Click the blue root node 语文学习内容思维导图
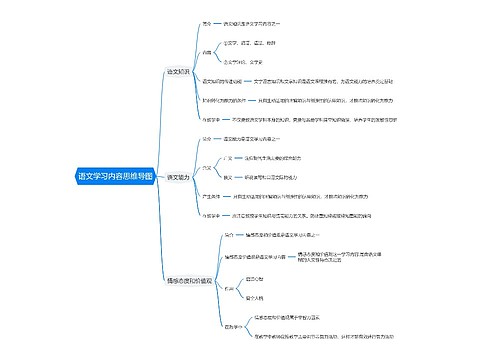115,176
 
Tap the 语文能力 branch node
180,176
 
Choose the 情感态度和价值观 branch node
187,281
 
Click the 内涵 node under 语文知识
208,51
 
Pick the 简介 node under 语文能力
207,138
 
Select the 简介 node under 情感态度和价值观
229,232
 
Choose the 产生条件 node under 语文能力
212,196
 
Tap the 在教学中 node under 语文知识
212,119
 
